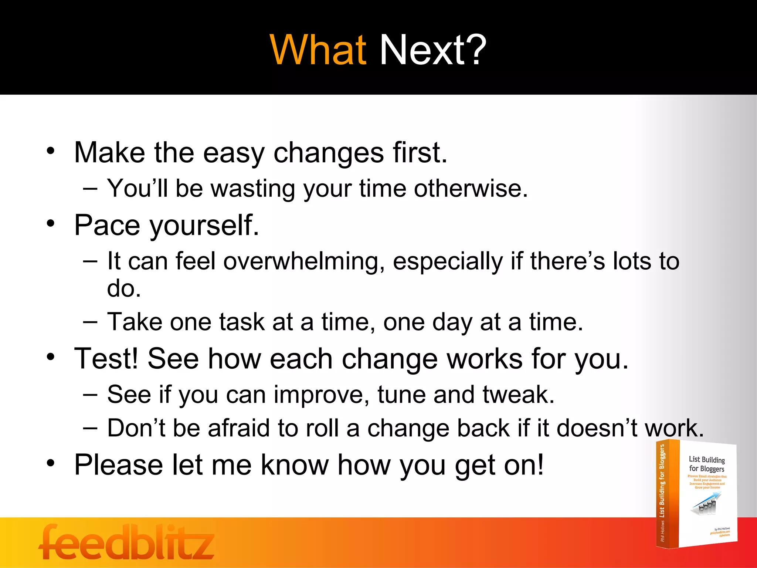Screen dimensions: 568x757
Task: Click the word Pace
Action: pyautogui.click(x=107, y=225)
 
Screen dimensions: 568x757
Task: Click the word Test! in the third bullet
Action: pyautogui.click(x=106, y=359)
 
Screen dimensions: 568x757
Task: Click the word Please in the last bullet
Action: pyautogui.click(x=118, y=465)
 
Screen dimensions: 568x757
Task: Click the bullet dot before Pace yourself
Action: pyautogui.click(x=51, y=223)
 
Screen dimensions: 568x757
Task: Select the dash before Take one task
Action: pyautogui.click(x=90, y=322)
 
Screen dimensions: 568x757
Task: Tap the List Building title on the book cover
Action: pyautogui.click(x=706, y=464)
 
